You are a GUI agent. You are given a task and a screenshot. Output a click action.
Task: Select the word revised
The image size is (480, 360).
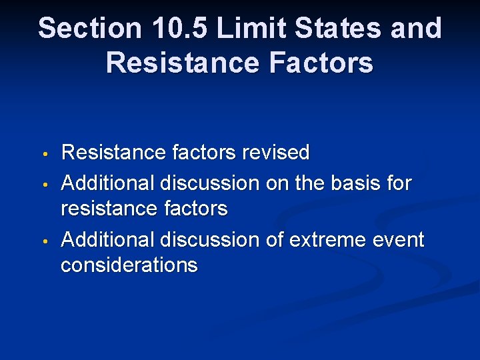[x=276, y=153]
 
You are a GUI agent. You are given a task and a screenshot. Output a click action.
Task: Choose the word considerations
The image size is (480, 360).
[x=129, y=265]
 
